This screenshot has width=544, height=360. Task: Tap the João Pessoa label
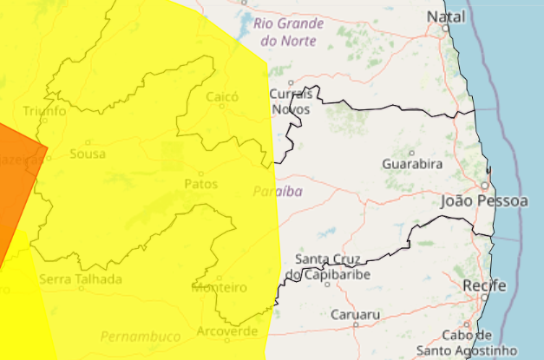484,201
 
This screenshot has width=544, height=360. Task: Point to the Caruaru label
354,316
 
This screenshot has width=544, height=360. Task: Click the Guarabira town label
413,163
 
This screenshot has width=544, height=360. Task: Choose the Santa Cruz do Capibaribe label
333,267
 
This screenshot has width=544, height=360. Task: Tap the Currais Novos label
291,101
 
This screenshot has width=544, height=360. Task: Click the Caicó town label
221,97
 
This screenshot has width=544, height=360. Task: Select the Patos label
200,184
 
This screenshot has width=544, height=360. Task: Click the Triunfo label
44,111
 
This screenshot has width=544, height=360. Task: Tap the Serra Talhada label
81,279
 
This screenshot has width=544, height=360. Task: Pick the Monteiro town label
219,287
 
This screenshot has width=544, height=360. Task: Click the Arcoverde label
227,331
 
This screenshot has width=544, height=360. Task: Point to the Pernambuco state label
140,336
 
